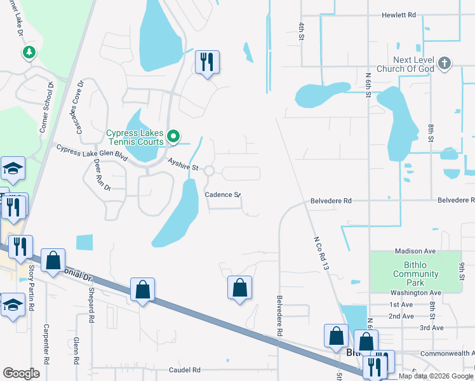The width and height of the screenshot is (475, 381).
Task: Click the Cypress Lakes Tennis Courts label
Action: pos(135,137)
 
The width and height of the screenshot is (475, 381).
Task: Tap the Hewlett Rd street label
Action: pos(399,15)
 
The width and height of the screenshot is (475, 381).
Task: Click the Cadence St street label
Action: pos(222,195)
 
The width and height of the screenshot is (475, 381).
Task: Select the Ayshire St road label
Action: pos(184,165)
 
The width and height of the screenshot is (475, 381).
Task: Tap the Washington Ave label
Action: pos(416,293)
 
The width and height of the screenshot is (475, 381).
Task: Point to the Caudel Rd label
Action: pos(184,370)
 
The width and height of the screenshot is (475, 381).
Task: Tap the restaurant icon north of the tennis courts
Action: pos(207,62)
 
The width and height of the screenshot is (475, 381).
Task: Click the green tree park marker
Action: pos(28,52)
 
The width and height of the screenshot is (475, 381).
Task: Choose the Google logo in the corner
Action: pos(21,373)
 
